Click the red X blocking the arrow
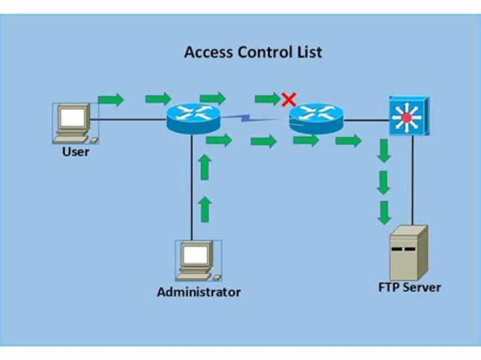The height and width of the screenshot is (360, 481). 289,100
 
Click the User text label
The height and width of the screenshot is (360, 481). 75,152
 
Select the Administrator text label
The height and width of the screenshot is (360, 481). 198,292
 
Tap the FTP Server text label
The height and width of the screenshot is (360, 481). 410,288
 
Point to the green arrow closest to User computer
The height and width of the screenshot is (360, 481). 111,100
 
